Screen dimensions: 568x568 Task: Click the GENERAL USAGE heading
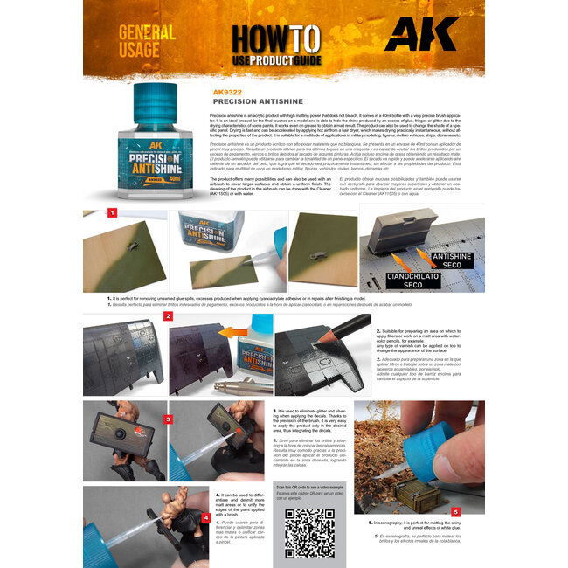(x=147, y=45)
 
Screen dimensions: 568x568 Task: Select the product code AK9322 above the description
(x=228, y=91)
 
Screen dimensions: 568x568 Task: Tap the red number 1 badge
(x=112, y=212)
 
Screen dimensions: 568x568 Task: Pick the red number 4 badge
(x=204, y=516)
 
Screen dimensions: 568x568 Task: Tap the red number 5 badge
(x=455, y=511)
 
